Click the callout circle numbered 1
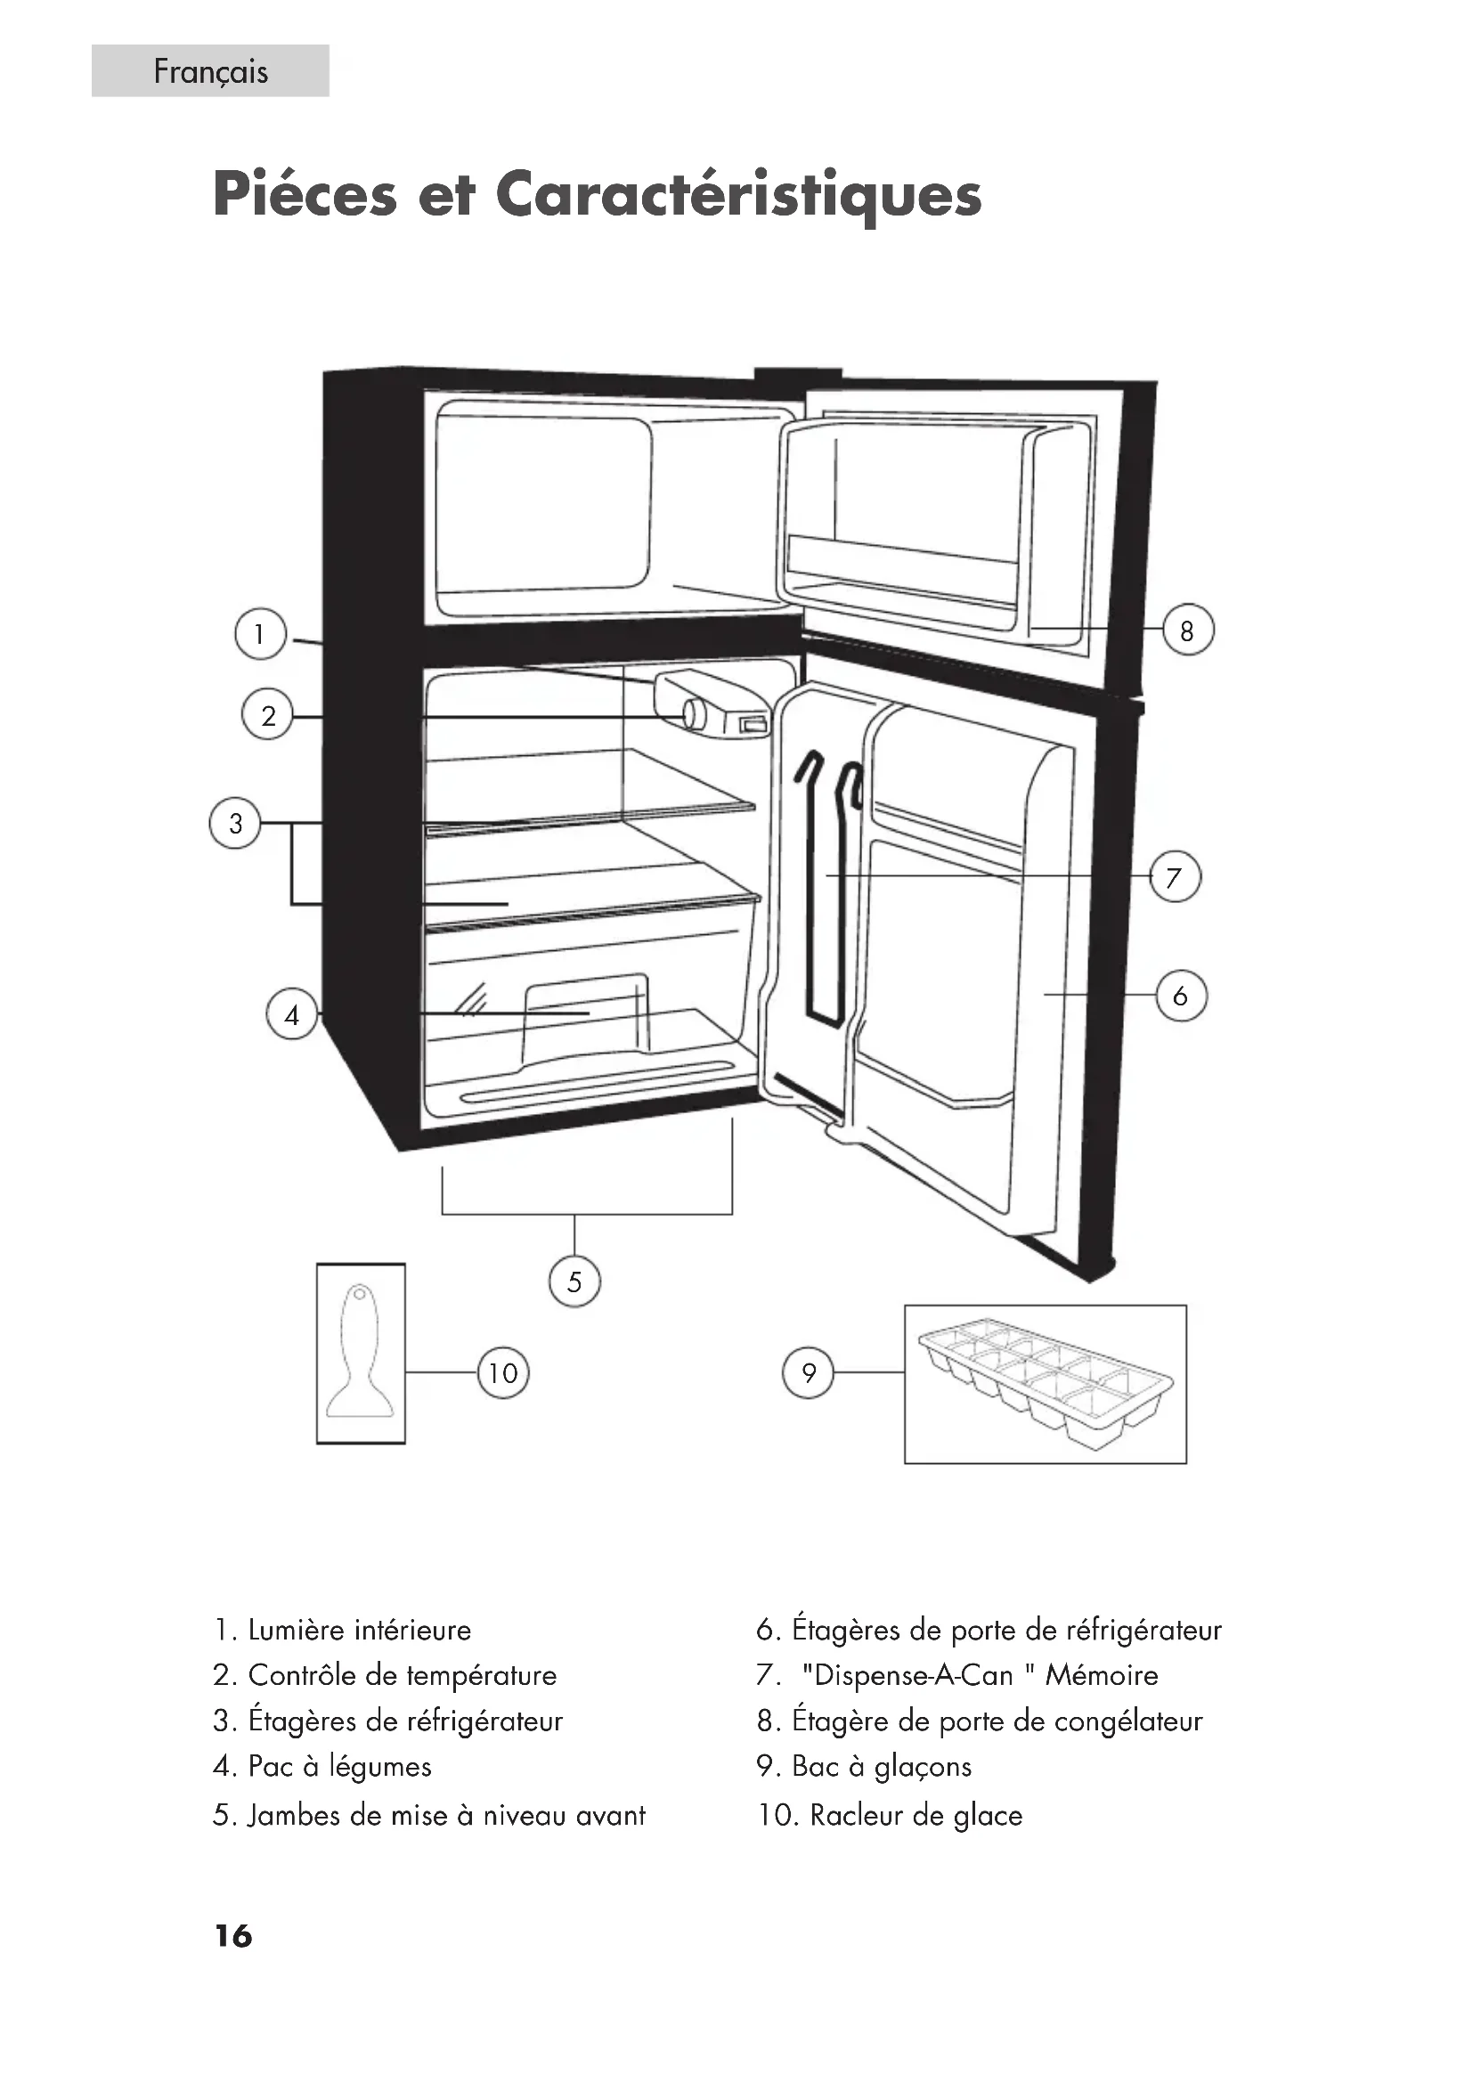[260, 633]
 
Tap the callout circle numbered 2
[267, 716]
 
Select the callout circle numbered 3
[236, 823]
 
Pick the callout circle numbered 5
[574, 1281]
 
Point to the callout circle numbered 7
[1175, 877]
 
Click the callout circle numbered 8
[1187, 630]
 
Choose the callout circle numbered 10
[503, 1372]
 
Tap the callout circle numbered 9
[808, 1372]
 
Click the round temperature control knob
[695, 714]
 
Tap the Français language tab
[209, 70]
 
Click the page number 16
[233, 1935]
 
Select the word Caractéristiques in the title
[738, 194]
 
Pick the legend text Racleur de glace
[916, 1814]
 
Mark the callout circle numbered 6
[1180, 996]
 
